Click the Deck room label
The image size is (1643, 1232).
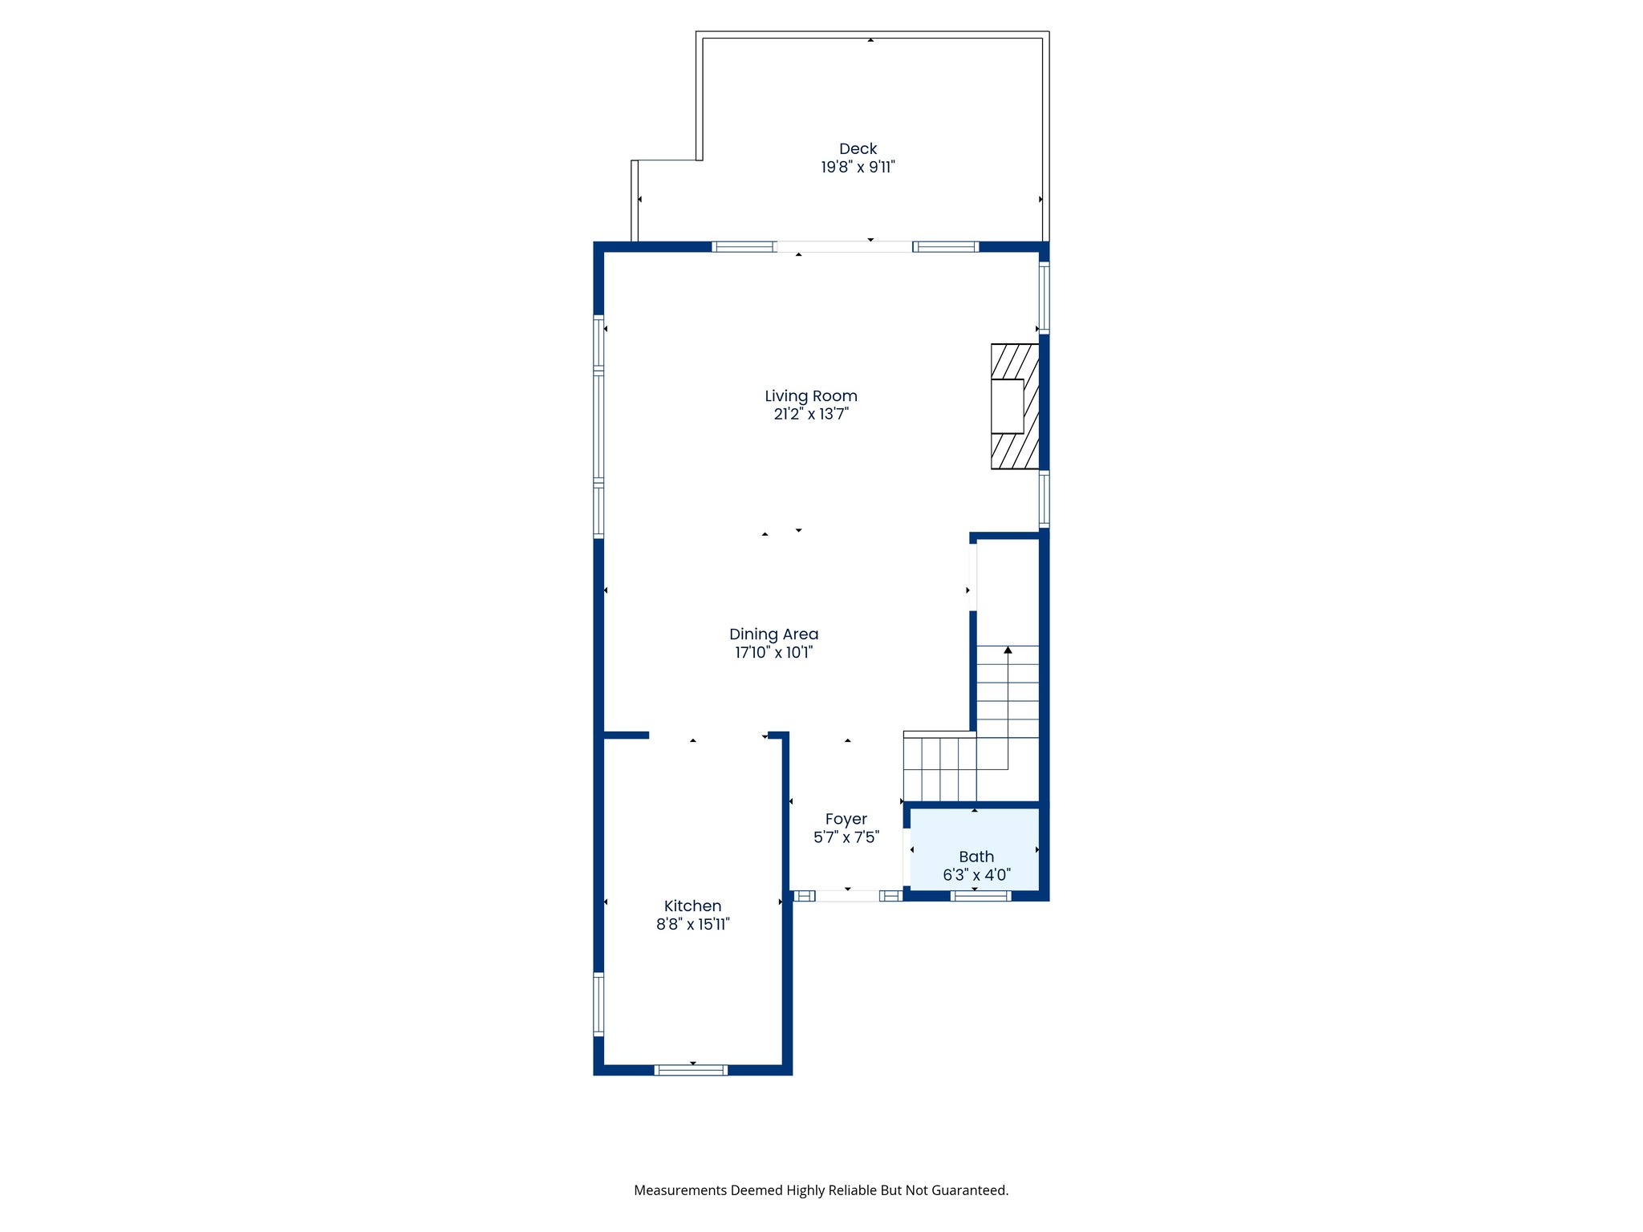(858, 149)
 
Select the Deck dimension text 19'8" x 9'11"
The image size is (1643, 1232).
(858, 168)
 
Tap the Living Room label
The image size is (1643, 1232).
(810, 396)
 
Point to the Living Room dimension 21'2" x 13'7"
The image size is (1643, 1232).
(810, 415)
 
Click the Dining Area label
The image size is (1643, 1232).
(773, 634)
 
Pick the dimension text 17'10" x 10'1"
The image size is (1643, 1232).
(773, 653)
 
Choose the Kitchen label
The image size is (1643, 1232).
(692, 906)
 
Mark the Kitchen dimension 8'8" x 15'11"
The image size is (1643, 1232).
(692, 925)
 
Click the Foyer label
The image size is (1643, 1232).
(846, 820)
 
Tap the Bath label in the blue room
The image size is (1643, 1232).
(976, 857)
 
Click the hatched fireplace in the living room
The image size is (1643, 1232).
(1015, 407)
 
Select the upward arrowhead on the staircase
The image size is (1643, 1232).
(1008, 650)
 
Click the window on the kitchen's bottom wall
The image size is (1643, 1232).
(691, 1070)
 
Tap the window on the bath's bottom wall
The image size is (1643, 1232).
(980, 896)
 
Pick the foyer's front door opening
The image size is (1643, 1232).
(847, 896)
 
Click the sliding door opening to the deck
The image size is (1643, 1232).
(844, 247)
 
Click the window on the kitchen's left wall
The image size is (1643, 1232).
(598, 1003)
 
